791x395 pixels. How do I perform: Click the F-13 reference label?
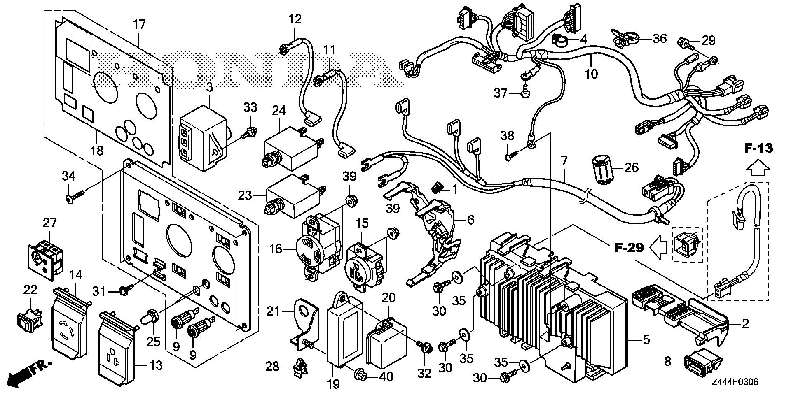click(758, 148)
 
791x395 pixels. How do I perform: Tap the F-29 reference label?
click(629, 248)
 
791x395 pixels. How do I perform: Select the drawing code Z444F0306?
click(734, 382)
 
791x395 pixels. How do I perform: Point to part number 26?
click(631, 167)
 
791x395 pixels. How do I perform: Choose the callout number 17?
click(140, 24)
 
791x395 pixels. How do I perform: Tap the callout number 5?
click(646, 340)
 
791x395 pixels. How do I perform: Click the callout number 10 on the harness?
click(591, 74)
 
